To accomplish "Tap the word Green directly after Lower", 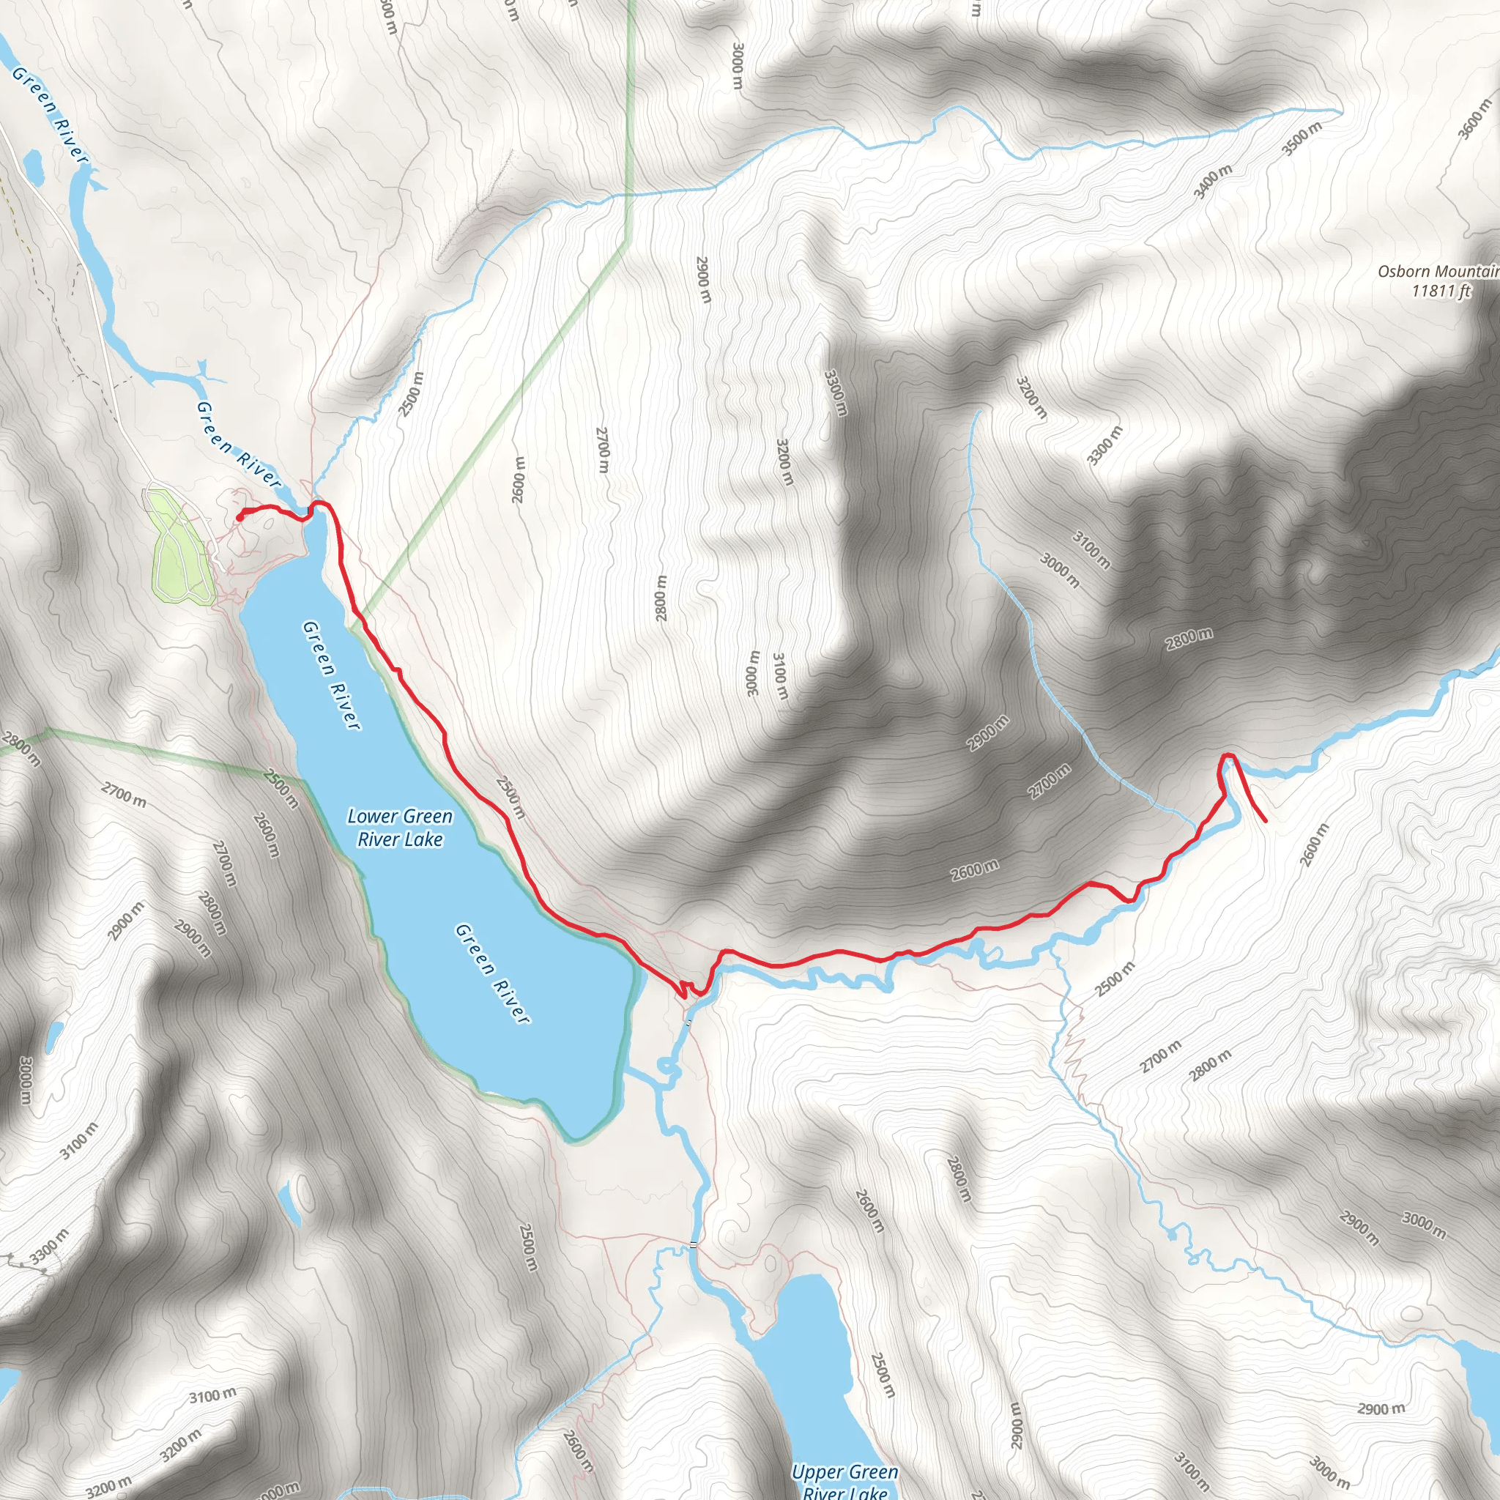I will pyautogui.click(x=426, y=816).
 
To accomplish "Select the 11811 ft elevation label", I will pyautogui.click(x=1441, y=292).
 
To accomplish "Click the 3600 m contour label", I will pyautogui.click(x=1474, y=118).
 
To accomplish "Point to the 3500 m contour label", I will pyautogui.click(x=1302, y=138).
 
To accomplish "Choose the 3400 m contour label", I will pyautogui.click(x=1213, y=182).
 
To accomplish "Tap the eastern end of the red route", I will pyautogui.click(x=1266, y=820).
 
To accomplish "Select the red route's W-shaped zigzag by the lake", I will pyautogui.click(x=686, y=989).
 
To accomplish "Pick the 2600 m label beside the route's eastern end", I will pyautogui.click(x=1314, y=844).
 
